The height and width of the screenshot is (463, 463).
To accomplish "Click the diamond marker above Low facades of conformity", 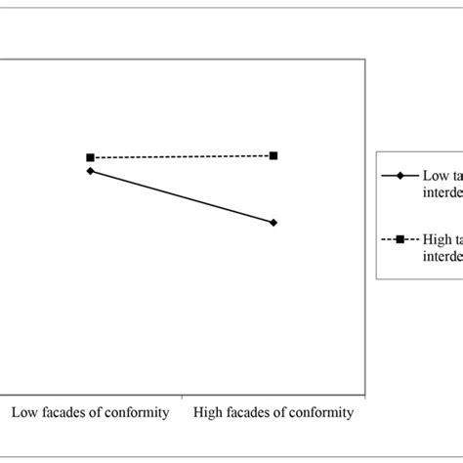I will coord(90,171).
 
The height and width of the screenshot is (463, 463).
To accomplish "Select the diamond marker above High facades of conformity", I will coord(274,223).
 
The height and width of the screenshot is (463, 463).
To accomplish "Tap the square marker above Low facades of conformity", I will coord(90,157).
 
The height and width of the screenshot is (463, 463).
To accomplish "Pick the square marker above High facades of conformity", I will coord(274,155).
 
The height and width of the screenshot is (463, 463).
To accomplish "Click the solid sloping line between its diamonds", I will coord(182,196).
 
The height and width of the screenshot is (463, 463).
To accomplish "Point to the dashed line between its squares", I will coord(182,156).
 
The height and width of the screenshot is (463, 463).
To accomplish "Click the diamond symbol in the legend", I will coord(400,177).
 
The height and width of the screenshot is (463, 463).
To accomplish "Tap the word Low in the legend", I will coord(435,177).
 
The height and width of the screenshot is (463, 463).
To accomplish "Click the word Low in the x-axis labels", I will coord(24,413).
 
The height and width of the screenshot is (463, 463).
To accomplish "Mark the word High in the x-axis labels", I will coord(210,413).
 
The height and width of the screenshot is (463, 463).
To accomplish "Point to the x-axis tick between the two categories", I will coord(182,400).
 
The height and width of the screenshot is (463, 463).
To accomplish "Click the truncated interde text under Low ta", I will coord(442,191).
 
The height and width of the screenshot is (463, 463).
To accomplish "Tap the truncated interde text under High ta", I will coord(442,257).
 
